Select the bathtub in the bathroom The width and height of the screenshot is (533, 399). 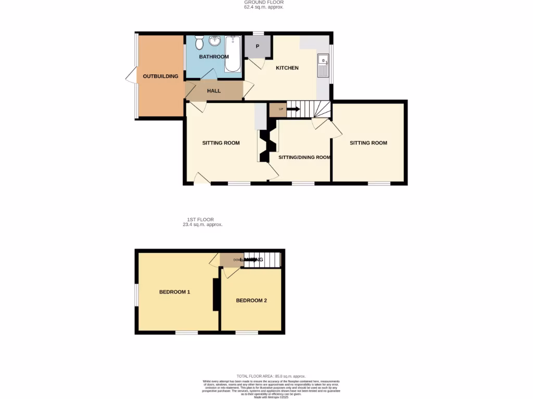[x=232, y=54]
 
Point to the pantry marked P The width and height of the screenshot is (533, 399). [x=257, y=46]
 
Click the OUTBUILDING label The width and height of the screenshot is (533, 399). [x=160, y=76]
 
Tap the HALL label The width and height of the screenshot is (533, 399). [x=213, y=91]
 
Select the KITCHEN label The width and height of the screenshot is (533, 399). [x=287, y=68]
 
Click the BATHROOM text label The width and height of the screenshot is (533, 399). [x=213, y=57]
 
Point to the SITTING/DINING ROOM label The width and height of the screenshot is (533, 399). [x=304, y=157]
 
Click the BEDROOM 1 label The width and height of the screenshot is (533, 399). [x=174, y=292]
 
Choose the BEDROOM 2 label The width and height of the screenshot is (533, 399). [x=251, y=300]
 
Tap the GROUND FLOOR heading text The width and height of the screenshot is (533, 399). [x=264, y=3]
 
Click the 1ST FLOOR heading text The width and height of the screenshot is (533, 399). [x=200, y=220]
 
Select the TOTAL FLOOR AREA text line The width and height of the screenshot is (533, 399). [x=271, y=376]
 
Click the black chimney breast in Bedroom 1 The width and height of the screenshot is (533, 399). [x=214, y=295]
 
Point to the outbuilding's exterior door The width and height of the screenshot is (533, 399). [x=130, y=76]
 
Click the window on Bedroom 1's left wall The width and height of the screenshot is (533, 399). [x=136, y=295]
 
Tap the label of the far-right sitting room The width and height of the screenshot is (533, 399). [x=368, y=143]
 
